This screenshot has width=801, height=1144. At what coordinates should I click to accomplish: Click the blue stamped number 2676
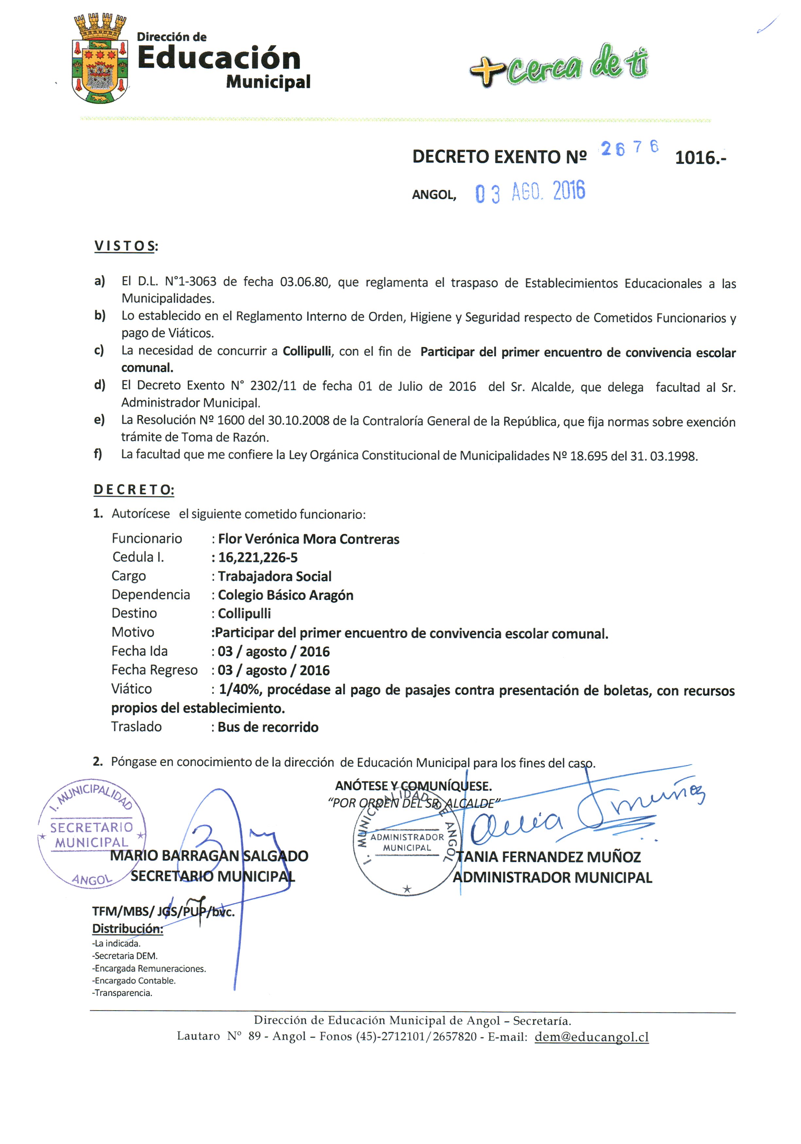pyautogui.click(x=629, y=148)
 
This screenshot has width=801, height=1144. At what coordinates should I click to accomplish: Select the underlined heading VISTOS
pyautogui.click(x=126, y=246)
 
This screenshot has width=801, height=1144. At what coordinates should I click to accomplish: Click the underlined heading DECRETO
pyautogui.click(x=133, y=490)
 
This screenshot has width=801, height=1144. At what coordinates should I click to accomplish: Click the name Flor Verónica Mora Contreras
pyautogui.click(x=308, y=539)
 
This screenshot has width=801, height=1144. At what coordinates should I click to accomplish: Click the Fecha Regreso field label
pyautogui.click(x=154, y=670)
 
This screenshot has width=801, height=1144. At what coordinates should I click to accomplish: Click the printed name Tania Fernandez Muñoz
pyautogui.click(x=548, y=857)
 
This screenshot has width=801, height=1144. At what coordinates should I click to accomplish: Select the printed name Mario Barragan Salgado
pyautogui.click(x=209, y=856)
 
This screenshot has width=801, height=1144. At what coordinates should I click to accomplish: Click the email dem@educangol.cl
pyautogui.click(x=591, y=1037)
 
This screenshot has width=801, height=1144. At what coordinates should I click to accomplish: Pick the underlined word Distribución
pyautogui.click(x=127, y=929)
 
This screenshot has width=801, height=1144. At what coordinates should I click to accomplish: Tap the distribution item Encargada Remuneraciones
pyautogui.click(x=149, y=969)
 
